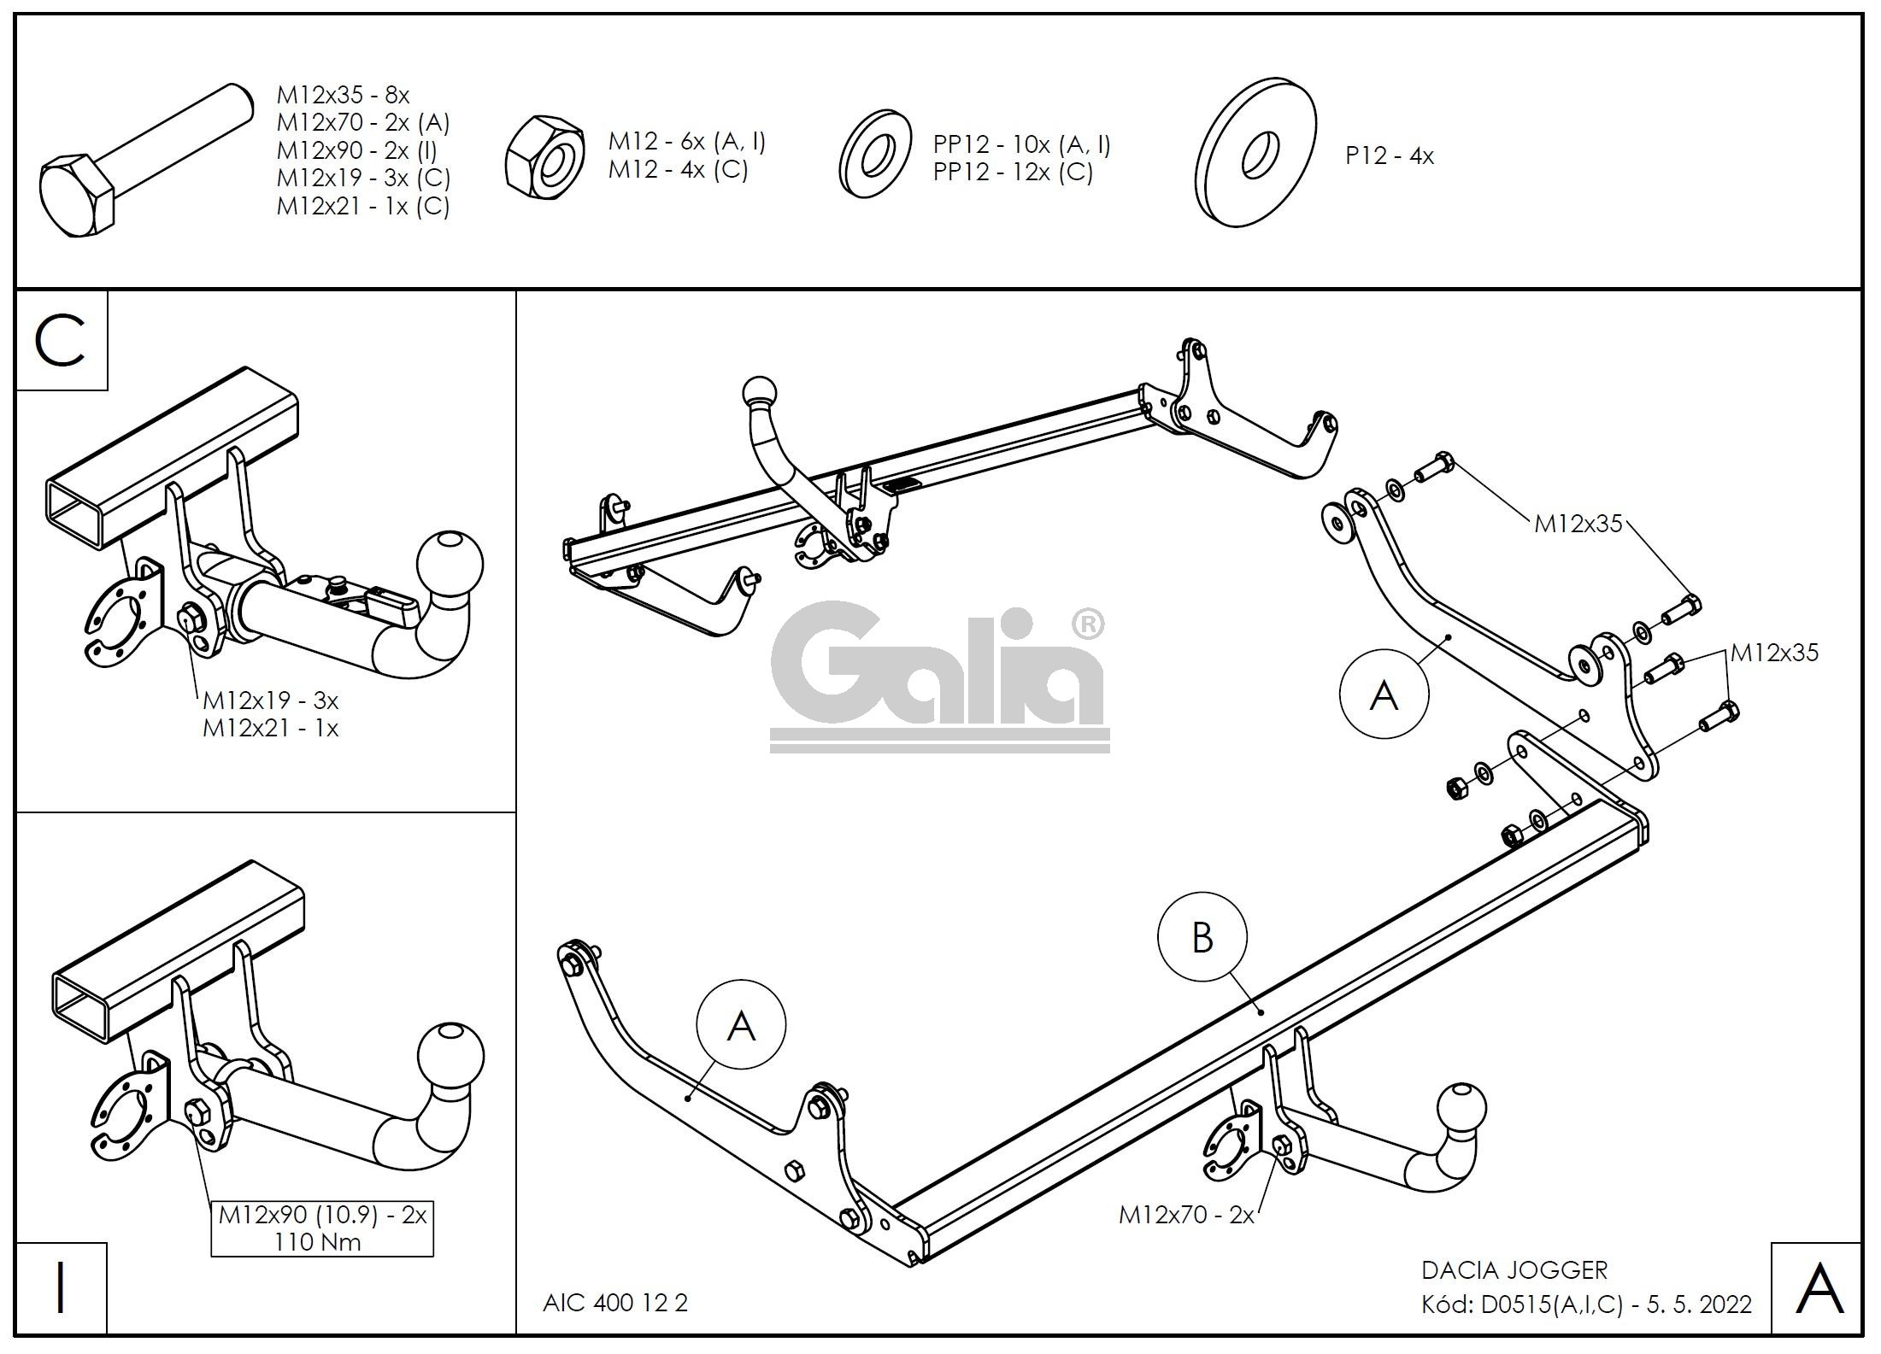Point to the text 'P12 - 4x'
[1389, 156]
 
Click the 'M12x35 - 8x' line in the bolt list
[343, 95]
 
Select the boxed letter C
[61, 341]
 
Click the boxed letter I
[61, 1289]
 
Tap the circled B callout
[1202, 937]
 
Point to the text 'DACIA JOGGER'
[1514, 1270]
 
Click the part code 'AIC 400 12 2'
[614, 1303]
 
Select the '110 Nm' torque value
[318, 1242]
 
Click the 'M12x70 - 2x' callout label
[1186, 1214]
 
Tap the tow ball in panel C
[450, 566]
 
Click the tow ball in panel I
[450, 1058]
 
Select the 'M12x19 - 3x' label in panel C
[270, 700]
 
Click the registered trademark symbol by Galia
[1086, 625]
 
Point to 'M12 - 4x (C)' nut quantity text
[678, 169]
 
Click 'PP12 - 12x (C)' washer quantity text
[1013, 172]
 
